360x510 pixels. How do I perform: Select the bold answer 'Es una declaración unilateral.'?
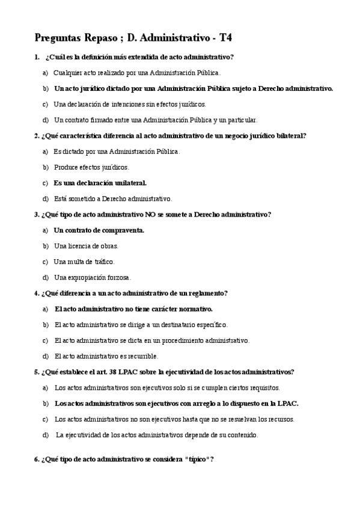[100, 183]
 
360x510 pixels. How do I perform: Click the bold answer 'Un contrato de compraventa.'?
[99, 230]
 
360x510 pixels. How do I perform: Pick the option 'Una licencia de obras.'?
[86, 246]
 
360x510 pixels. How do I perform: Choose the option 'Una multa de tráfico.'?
[84, 262]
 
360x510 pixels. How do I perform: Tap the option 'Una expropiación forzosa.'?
[92, 277]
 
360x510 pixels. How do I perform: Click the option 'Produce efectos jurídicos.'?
[91, 167]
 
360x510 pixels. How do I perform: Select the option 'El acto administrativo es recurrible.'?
[106, 356]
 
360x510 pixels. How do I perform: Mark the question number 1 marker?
[37, 57]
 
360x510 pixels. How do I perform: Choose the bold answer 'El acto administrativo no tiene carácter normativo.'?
[133, 309]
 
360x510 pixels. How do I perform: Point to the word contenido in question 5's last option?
[242, 435]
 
